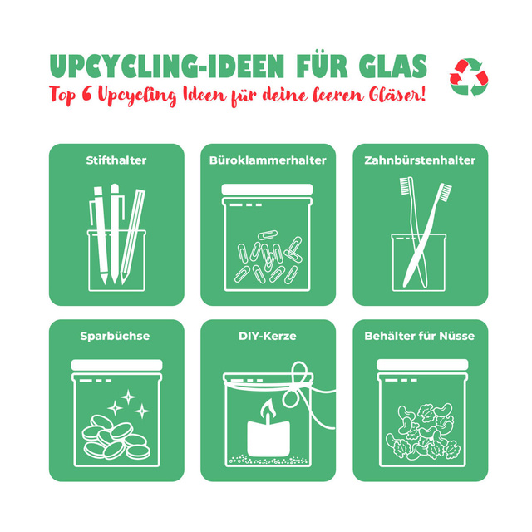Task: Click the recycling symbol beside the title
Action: tap(469, 77)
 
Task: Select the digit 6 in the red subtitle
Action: tap(86, 94)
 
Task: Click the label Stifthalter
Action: tap(116, 160)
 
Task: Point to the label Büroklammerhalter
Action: tap(268, 160)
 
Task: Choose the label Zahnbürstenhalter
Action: tap(420, 160)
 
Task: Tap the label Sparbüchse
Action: tap(115, 336)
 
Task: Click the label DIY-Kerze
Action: tap(268, 336)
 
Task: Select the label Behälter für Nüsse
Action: tap(420, 336)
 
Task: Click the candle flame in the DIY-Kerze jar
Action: tap(267, 409)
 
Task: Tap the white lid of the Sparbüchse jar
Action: tap(116, 365)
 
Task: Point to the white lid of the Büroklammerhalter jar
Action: tap(267, 190)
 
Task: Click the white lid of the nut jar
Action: tap(422, 365)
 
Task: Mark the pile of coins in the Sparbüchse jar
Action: tap(116, 437)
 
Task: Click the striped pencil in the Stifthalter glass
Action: tap(133, 237)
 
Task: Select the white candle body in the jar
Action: tap(268, 439)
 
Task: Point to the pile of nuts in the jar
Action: tap(423, 431)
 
